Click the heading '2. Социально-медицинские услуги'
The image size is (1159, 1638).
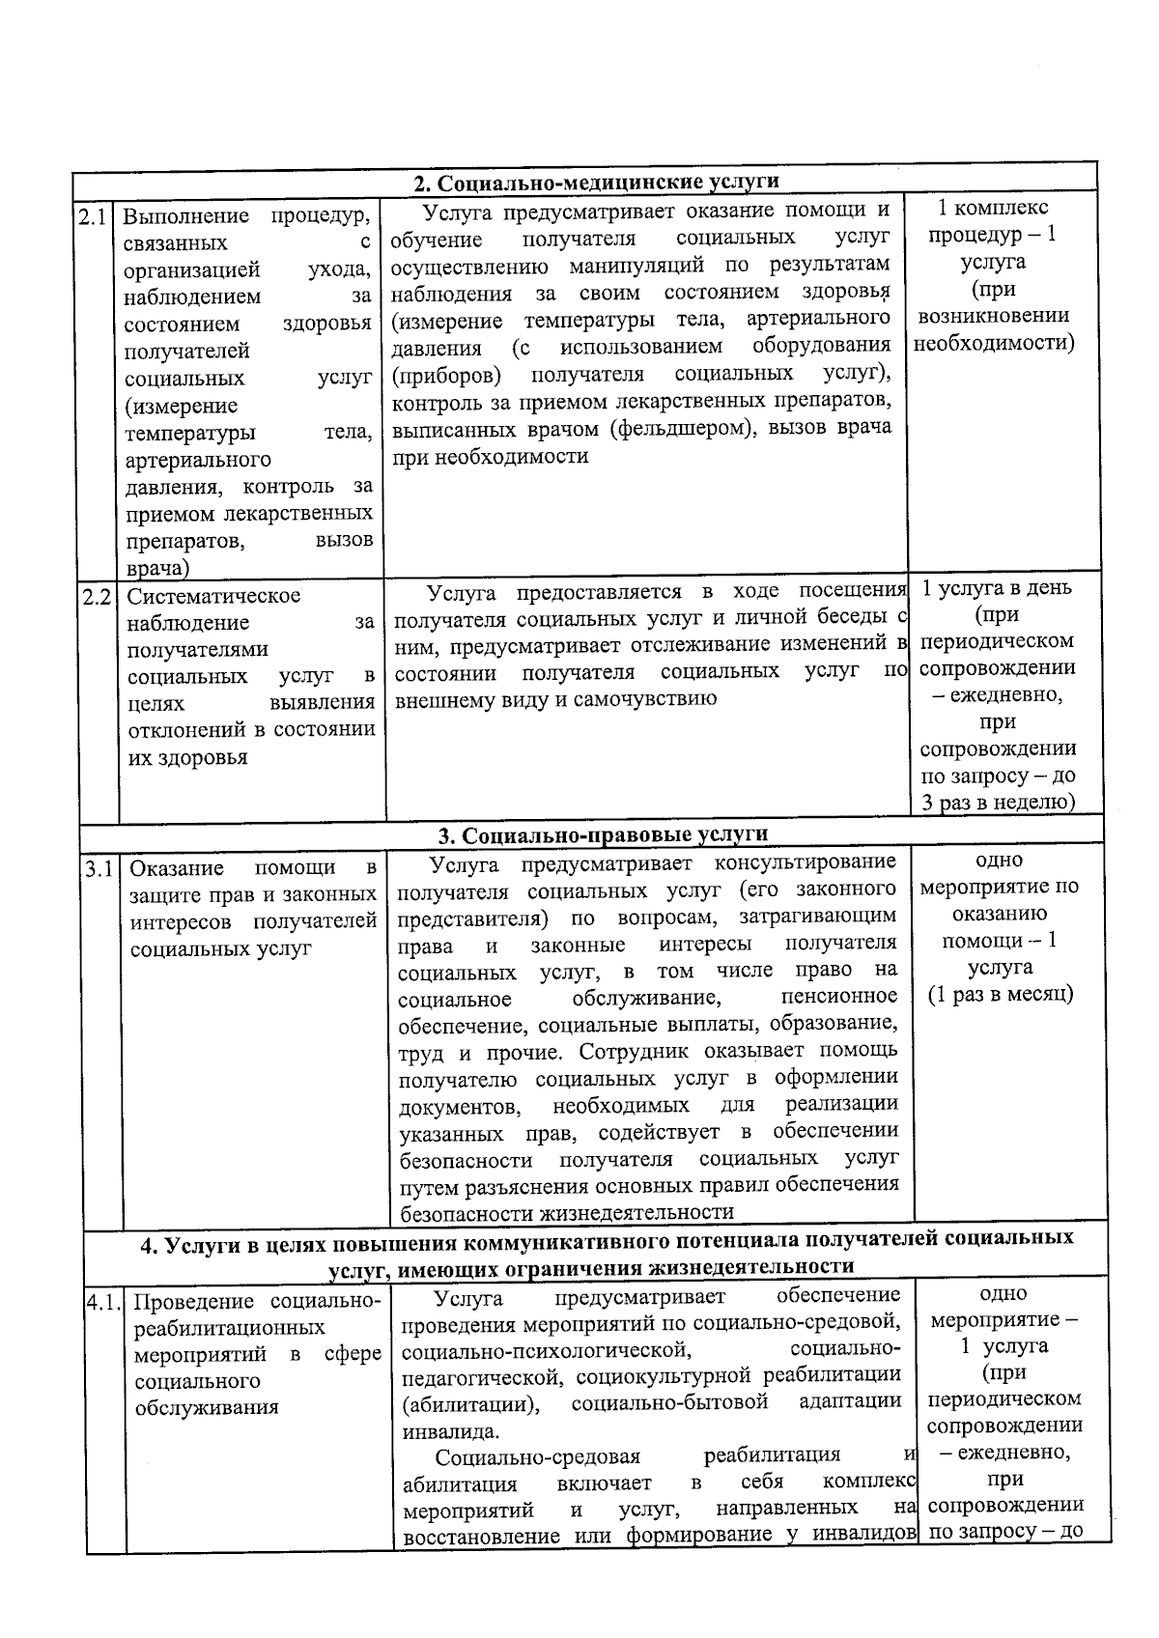(x=596, y=184)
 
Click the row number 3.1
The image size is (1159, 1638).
(x=99, y=868)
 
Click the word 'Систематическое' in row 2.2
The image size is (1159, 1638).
(x=213, y=596)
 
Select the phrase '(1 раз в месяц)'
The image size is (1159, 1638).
(x=1001, y=994)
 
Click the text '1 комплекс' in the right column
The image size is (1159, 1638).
(x=993, y=208)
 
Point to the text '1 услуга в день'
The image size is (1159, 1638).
(x=997, y=588)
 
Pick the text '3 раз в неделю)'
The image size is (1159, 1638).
(x=998, y=802)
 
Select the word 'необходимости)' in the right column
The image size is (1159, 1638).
(x=994, y=343)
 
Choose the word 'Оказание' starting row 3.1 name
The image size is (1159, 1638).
(x=177, y=868)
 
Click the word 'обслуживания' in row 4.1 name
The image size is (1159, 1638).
(x=207, y=1407)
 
